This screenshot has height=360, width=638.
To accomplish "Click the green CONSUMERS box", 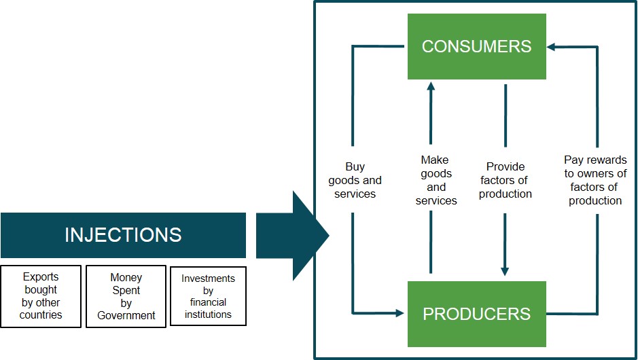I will (x=477, y=46).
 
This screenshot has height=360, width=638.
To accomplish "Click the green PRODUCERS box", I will (x=477, y=314).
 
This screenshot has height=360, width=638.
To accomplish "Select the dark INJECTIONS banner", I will (x=123, y=235).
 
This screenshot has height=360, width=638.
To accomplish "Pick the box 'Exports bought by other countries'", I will (x=41, y=296).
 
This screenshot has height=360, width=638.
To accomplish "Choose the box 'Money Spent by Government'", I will (x=126, y=296).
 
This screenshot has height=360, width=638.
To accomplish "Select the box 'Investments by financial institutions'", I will (x=208, y=296).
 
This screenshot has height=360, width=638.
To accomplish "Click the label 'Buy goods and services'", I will (x=355, y=180).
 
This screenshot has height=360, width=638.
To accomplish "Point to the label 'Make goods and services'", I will (x=436, y=180).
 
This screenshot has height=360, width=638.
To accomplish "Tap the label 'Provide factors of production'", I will (x=506, y=180).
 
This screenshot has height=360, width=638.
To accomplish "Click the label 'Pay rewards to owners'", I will (x=595, y=180).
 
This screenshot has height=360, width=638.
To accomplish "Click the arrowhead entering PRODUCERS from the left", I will (x=400, y=313).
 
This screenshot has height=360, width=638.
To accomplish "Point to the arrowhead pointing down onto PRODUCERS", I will (x=505, y=271).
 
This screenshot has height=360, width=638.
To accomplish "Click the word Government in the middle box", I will (x=126, y=315).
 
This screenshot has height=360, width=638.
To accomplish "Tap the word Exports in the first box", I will (x=41, y=277).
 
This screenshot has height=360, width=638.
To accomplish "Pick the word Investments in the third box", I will (x=208, y=278).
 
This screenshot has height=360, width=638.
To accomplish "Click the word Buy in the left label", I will (x=355, y=166).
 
